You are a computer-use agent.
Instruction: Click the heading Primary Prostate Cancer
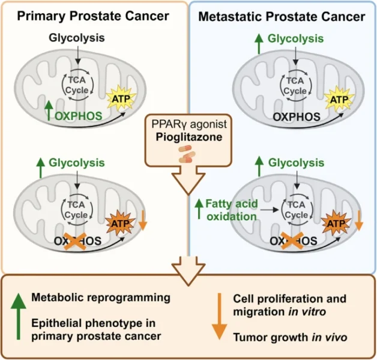[x=93, y=16]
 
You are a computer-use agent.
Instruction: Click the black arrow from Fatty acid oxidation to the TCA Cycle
[x=271, y=211]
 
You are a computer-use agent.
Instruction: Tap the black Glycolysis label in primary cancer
[x=77, y=38]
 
